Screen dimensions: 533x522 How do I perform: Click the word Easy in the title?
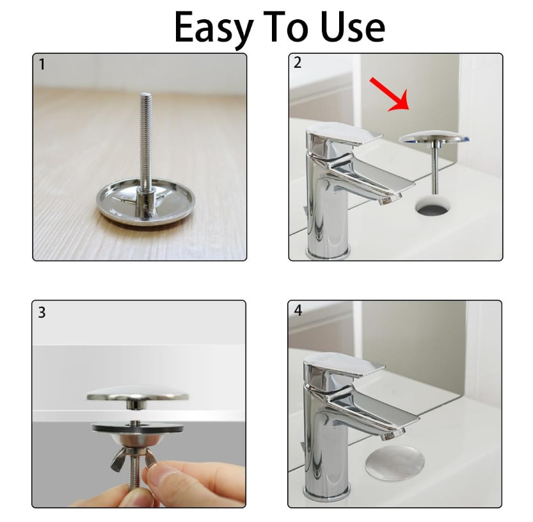click(x=214, y=28)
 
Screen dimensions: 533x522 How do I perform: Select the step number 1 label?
click(x=42, y=64)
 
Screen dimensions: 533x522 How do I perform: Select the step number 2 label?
click(x=298, y=63)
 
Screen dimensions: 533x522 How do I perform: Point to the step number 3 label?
click(x=42, y=313)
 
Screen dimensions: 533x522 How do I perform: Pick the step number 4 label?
click(x=298, y=311)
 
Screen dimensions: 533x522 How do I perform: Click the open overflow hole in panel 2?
click(x=433, y=205)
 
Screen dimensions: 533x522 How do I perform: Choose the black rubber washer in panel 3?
click(x=138, y=427)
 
